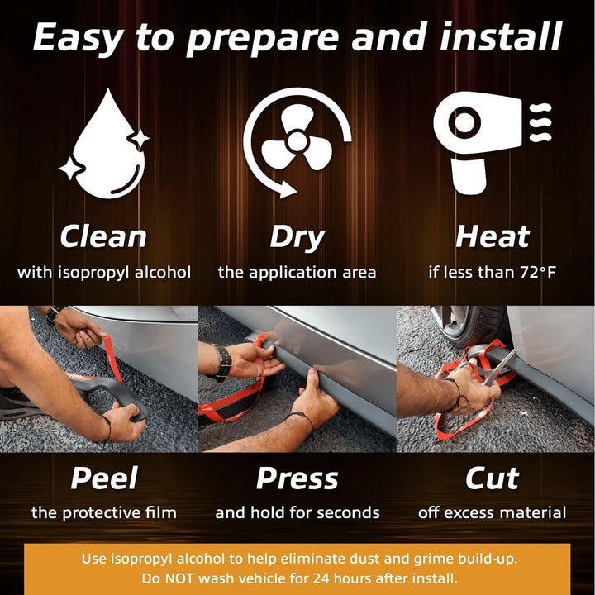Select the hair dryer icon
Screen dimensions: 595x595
[x=492, y=142]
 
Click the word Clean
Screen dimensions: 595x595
[x=103, y=237]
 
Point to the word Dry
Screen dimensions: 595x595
[x=297, y=238]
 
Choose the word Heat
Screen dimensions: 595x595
[x=493, y=236]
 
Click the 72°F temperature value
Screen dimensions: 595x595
[x=538, y=272]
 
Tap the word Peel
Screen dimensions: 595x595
[x=104, y=478]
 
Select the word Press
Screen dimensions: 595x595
[x=297, y=478]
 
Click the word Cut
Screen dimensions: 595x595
[x=493, y=478]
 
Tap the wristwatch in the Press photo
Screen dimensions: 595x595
[x=223, y=362]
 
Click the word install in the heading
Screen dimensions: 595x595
[x=501, y=36]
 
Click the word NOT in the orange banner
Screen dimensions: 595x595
[x=178, y=578]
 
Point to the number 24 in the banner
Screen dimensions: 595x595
[x=321, y=578]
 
